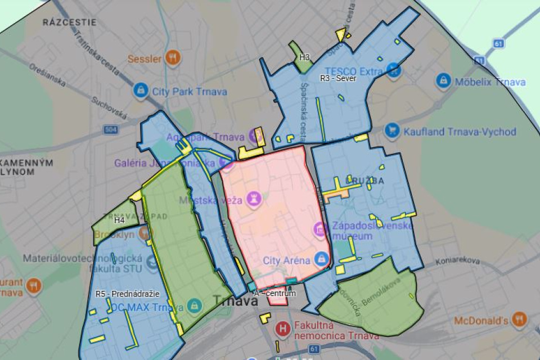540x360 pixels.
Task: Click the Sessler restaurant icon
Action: click(x=173, y=57)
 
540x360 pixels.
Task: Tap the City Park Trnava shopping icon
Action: click(x=141, y=90)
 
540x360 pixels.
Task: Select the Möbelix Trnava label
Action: click(x=491, y=82)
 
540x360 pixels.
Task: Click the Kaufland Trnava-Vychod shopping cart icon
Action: click(x=392, y=131)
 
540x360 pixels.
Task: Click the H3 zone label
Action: click(x=304, y=57)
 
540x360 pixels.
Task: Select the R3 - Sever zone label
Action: click(x=338, y=79)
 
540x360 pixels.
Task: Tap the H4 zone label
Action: click(x=119, y=220)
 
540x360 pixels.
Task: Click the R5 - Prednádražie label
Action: click(x=127, y=294)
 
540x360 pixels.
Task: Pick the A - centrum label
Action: click(x=274, y=294)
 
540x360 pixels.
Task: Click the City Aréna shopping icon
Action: click(x=321, y=259)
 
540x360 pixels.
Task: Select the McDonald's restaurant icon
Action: click(x=519, y=319)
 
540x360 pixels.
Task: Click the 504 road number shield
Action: click(x=110, y=130)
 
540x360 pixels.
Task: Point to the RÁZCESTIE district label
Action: click(x=70, y=22)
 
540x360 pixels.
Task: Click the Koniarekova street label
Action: click(x=457, y=261)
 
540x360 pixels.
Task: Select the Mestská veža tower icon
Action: click(x=254, y=199)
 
